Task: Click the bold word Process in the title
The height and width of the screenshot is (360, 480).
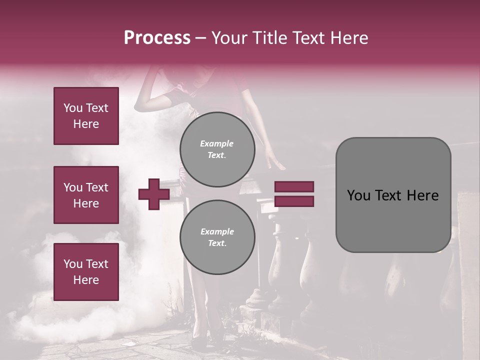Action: pyautogui.click(x=157, y=38)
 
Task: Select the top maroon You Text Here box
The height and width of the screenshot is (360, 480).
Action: pyautogui.click(x=86, y=116)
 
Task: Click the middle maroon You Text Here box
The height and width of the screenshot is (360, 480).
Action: pyautogui.click(x=86, y=195)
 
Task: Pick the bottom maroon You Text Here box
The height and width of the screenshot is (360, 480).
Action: pyautogui.click(x=86, y=271)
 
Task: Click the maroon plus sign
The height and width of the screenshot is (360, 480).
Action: pyautogui.click(x=153, y=194)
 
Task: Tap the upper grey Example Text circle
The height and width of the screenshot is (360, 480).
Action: pyautogui.click(x=217, y=149)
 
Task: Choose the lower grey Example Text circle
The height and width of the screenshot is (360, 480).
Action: pyautogui.click(x=217, y=237)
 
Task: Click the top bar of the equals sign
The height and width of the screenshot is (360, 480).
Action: pyautogui.click(x=294, y=187)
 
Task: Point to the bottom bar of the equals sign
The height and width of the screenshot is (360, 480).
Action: pyautogui.click(x=294, y=201)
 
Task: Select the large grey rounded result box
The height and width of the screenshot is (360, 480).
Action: pyautogui.click(x=393, y=195)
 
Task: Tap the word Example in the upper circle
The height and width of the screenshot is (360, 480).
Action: pyautogui.click(x=216, y=143)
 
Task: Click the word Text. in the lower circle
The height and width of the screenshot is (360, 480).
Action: pyautogui.click(x=217, y=243)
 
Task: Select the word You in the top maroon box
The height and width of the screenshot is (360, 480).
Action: pyautogui.click(x=73, y=108)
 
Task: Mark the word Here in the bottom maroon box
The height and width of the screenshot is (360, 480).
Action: pyautogui.click(x=86, y=280)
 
